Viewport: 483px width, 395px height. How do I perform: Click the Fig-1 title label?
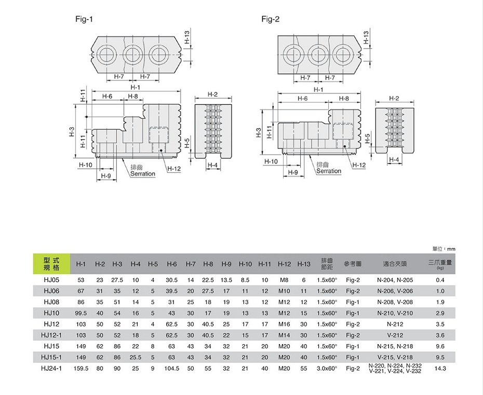(84, 19)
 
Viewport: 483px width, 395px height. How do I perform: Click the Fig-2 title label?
(270, 19)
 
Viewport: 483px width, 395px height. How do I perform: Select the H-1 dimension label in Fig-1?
(135, 87)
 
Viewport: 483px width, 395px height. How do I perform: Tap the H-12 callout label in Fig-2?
(359, 165)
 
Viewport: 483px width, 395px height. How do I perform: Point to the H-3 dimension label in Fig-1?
(72, 131)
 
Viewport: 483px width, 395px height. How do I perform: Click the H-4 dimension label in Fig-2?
(394, 159)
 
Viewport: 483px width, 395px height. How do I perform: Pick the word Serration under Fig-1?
(143, 174)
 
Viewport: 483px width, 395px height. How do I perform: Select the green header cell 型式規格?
(51, 264)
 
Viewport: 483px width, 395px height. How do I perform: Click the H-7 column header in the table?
(191, 264)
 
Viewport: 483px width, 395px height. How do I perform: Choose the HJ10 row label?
(51, 313)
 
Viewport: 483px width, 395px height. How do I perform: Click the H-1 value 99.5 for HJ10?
(81, 313)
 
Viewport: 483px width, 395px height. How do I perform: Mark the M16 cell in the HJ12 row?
(284, 324)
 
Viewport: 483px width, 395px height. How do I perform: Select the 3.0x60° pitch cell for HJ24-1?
(327, 368)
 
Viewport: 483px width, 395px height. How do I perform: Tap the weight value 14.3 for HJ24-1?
(440, 368)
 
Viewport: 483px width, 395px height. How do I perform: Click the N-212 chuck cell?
(395, 324)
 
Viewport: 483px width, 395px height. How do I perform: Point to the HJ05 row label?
(51, 280)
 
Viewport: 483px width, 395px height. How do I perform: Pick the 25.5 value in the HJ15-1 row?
(136, 357)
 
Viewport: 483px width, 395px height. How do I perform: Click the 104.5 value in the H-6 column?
(171, 368)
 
